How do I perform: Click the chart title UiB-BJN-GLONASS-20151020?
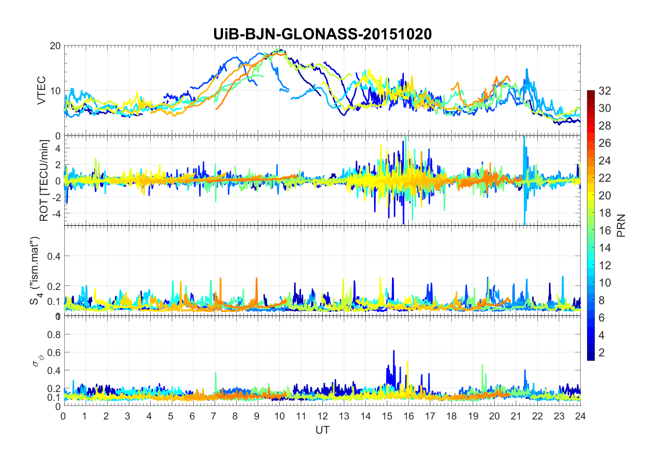[322, 34]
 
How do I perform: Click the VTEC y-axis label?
[41, 90]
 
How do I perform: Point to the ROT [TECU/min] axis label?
[44, 180]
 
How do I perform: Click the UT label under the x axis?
[322, 430]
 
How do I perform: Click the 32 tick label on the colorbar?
[605, 91]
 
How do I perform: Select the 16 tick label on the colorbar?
[605, 231]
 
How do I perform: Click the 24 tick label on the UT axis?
[580, 416]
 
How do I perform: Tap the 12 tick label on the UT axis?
[322, 416]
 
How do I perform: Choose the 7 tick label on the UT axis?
[214, 416]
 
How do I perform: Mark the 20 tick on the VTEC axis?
[55, 46]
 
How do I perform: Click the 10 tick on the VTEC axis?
[55, 91]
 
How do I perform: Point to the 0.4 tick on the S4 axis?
[54, 256]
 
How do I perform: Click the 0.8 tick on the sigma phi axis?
[54, 335]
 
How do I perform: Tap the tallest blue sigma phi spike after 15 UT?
[394, 351]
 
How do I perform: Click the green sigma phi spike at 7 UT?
[215, 373]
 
